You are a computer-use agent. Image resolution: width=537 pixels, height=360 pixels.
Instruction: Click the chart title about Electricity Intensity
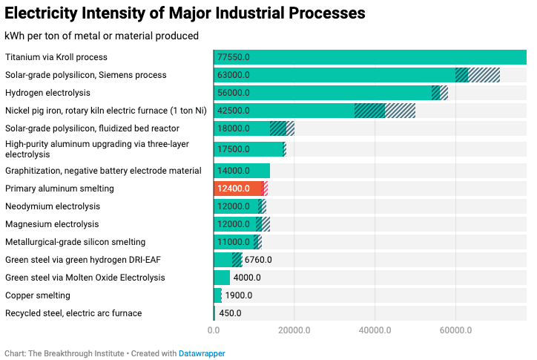(185, 13)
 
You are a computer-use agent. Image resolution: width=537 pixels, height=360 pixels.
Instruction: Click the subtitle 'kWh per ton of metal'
(102, 36)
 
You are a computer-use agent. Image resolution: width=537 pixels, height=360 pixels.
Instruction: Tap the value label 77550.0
(234, 57)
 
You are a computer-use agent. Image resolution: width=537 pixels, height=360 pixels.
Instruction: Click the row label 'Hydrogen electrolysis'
(47, 93)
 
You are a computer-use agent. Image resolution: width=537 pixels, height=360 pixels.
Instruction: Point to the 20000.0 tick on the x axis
(294, 330)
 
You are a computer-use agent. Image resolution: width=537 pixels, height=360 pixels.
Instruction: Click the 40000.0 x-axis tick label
(375, 330)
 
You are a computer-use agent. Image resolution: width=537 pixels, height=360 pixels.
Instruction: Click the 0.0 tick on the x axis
(214, 330)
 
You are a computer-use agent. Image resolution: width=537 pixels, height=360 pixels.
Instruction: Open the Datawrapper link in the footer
(202, 353)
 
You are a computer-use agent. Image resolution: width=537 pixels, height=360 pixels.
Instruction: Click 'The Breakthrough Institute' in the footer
(76, 353)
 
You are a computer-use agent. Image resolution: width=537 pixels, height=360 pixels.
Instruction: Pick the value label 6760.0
(258, 260)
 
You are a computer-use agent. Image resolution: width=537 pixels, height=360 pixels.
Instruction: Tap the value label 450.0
(230, 313)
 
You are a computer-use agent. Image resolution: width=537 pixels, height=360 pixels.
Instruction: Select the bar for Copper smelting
(217, 295)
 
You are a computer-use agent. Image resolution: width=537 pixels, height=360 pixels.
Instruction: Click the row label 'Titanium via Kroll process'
(56, 57)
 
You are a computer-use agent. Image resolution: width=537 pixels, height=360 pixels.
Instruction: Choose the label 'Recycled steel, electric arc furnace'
(73, 313)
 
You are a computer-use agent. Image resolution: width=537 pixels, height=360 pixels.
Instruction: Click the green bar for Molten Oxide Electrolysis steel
(222, 278)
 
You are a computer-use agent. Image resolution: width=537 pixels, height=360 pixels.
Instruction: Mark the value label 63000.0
(234, 75)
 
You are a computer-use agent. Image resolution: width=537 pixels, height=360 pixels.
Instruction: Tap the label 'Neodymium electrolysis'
(53, 206)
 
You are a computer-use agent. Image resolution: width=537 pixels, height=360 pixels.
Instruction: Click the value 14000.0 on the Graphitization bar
(234, 171)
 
